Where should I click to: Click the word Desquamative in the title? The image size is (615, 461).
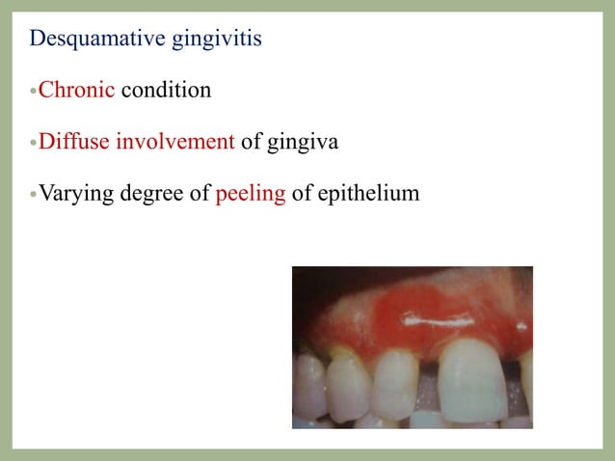point(83,40)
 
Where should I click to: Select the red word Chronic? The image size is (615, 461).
point(76,91)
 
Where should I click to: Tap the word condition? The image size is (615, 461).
point(166,91)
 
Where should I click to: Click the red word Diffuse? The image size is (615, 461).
point(74,143)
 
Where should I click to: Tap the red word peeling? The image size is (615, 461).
point(251,195)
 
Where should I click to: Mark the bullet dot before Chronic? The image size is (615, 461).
point(33,93)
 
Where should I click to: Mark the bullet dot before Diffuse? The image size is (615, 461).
point(33,145)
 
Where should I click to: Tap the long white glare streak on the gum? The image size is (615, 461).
point(430,315)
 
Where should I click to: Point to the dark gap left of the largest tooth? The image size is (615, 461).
point(428,391)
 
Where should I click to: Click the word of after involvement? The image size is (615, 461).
point(251,143)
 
